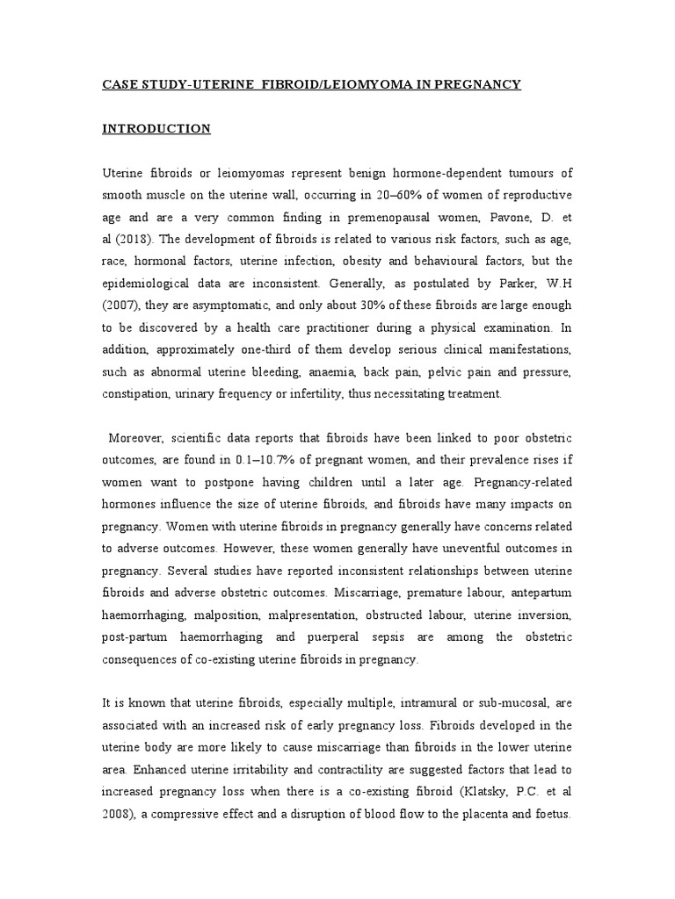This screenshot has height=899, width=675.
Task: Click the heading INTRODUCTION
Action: [x=156, y=129]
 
